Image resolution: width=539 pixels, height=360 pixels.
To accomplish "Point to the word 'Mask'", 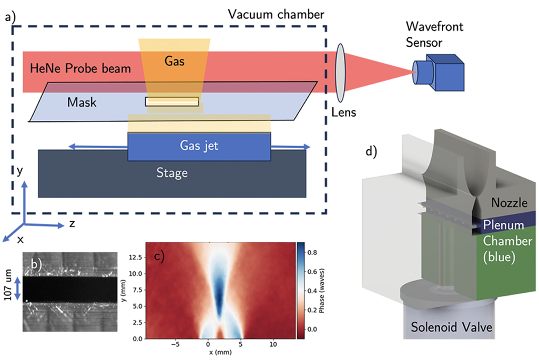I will pyautogui.click(x=82, y=102).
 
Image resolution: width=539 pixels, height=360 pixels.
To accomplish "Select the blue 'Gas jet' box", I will pyautogui.click(x=199, y=146).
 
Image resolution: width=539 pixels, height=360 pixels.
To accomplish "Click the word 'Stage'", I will pyautogui.click(x=172, y=173).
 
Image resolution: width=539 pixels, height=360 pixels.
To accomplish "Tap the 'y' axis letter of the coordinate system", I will pyautogui.click(x=19, y=171).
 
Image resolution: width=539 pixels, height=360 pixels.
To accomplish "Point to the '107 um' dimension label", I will pyautogui.click(x=7, y=289).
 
